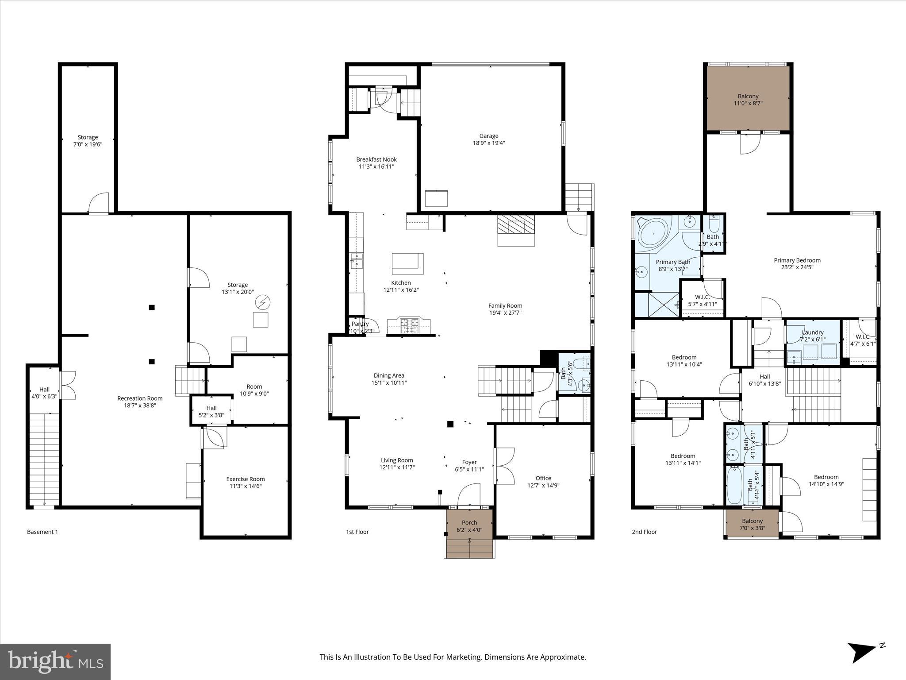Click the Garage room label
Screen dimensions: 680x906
488,136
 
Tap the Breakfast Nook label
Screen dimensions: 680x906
376,160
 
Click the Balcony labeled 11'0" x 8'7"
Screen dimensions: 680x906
748,100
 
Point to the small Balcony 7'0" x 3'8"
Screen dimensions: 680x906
752,524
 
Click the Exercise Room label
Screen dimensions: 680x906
245,479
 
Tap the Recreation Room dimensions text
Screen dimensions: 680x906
140,406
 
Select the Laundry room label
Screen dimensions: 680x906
812,332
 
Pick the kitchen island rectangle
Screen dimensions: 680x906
407,263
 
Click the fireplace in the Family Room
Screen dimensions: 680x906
516,227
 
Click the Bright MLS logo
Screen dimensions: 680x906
55,662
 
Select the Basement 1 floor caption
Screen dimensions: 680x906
42,532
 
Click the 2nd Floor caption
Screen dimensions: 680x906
644,532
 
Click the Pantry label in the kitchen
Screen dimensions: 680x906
360,324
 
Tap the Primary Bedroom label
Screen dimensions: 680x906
797,260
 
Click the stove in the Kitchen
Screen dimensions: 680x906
409,326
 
